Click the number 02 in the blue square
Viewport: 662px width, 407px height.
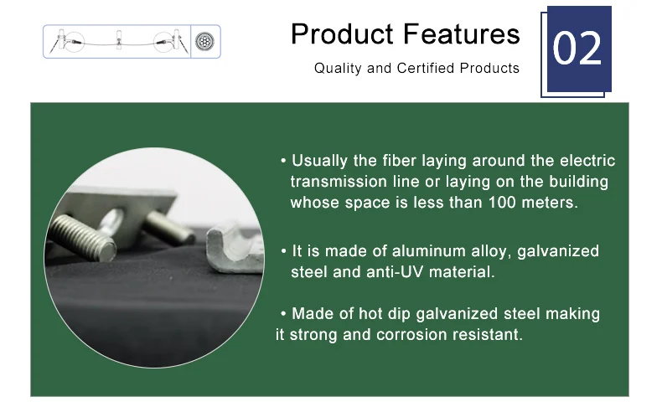(577, 49)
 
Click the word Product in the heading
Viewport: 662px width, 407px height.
(342, 33)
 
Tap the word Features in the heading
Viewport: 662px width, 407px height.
(461, 33)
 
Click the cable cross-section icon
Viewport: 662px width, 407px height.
(204, 41)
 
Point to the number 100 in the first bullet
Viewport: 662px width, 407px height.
(502, 203)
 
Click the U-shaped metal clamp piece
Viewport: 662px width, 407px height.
(233, 250)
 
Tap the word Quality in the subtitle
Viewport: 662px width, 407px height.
(338, 69)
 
